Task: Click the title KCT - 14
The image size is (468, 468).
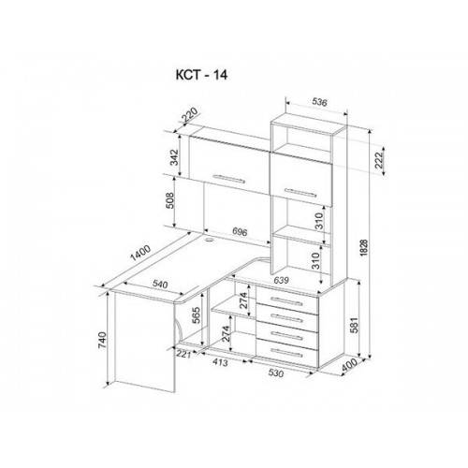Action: point(201,75)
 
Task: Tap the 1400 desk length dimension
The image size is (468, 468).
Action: point(140,253)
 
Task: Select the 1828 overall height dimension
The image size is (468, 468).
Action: point(364,248)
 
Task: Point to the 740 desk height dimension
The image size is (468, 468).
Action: point(102,341)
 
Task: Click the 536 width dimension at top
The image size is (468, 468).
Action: point(319,102)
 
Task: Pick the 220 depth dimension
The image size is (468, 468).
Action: point(190,114)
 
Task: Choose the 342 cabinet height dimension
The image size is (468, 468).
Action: point(174,157)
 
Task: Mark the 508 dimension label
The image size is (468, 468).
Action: point(169,200)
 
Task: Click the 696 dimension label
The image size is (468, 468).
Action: point(240,232)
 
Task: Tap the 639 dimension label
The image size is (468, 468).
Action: point(281,280)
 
